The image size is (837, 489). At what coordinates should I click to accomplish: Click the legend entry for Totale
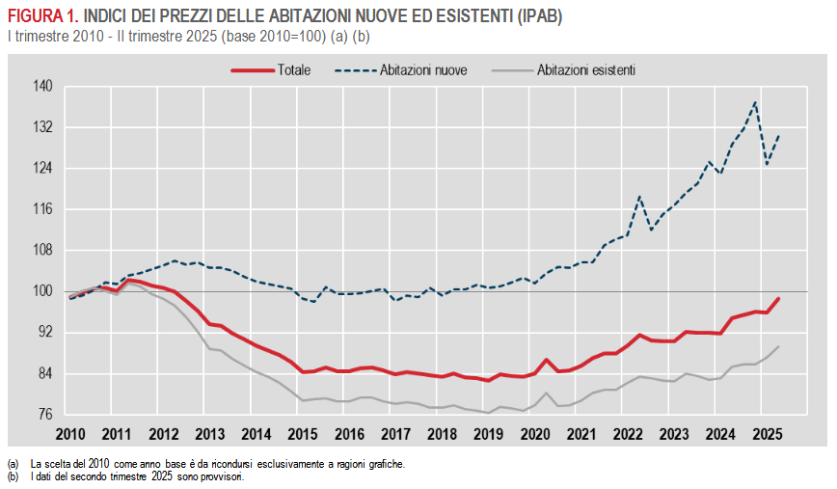[293, 70]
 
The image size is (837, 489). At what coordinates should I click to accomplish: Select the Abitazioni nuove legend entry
[424, 70]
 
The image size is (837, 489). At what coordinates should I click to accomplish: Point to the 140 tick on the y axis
[42, 87]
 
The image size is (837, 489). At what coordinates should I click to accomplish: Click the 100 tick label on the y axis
[42, 291]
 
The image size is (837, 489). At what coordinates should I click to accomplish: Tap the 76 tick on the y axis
[45, 415]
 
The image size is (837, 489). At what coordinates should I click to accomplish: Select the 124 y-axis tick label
[42, 169]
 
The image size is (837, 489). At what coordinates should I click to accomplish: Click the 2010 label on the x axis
[70, 434]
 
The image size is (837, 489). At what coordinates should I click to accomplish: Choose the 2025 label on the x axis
[764, 434]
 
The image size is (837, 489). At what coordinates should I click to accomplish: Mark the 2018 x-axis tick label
[441, 434]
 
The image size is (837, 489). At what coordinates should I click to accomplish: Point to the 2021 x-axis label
[580, 434]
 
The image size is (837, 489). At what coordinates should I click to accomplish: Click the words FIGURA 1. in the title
[43, 17]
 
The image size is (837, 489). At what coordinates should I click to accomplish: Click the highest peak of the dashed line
[755, 102]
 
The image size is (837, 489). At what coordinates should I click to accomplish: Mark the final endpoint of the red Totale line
[778, 299]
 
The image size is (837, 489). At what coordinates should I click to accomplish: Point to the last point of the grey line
[778, 346]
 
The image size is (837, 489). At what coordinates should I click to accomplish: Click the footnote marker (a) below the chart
[13, 464]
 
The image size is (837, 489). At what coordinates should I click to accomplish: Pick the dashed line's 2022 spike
[639, 197]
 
